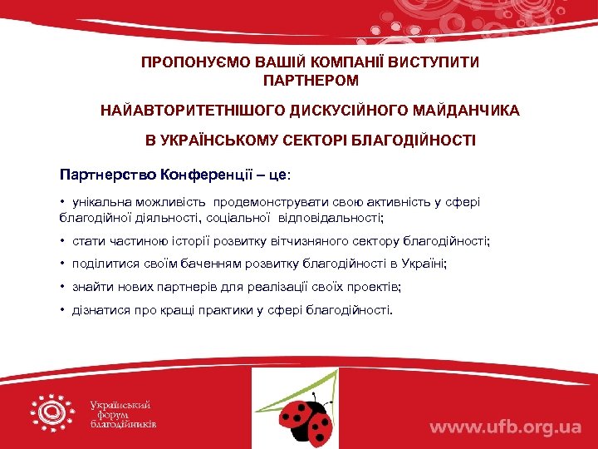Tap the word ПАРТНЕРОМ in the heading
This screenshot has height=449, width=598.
311,81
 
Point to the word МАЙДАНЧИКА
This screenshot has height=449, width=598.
472,111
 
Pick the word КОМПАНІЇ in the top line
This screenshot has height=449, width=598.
313,62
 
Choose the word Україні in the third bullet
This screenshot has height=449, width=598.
423,264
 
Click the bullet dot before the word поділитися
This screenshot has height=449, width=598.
62,264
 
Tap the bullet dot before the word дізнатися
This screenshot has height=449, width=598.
62,310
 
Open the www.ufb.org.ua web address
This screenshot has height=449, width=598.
504,427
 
